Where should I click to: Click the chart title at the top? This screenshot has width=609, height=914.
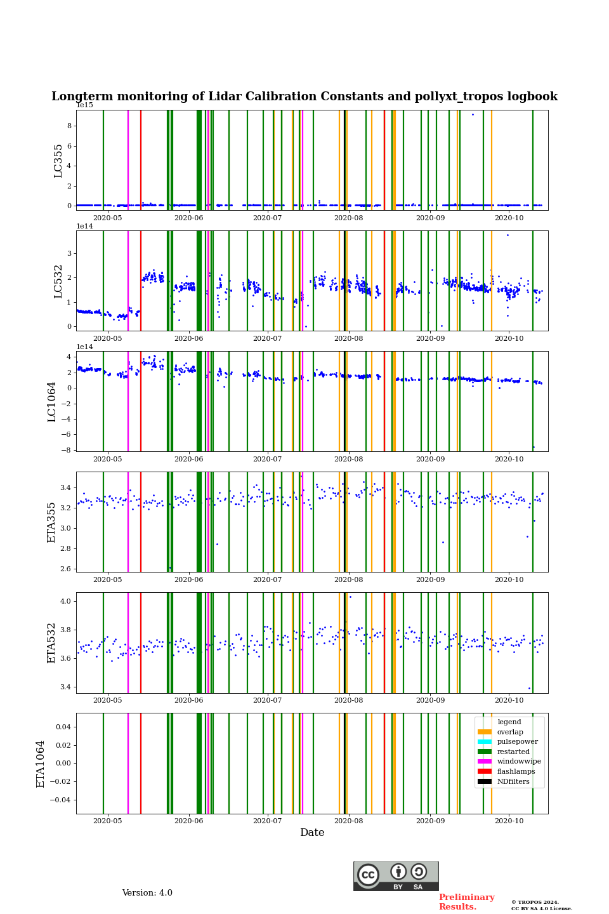(x=304, y=96)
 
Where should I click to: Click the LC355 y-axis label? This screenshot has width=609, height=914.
(x=58, y=161)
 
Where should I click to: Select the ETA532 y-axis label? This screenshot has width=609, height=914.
(x=52, y=643)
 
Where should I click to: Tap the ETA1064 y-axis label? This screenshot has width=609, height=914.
(x=41, y=764)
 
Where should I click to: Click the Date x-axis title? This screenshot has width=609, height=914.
(x=312, y=833)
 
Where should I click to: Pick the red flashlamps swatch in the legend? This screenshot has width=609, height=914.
(x=485, y=771)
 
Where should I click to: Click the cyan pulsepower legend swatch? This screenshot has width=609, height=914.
(x=485, y=741)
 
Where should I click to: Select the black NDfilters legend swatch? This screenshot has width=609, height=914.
(x=485, y=781)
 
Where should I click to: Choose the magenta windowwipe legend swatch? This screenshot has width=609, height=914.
(x=485, y=762)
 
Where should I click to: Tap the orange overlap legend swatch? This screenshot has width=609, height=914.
(x=485, y=732)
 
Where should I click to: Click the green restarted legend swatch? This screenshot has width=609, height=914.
(x=485, y=752)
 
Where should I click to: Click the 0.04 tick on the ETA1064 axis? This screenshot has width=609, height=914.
(x=62, y=727)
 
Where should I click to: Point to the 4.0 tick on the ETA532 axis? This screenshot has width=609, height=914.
(x=65, y=601)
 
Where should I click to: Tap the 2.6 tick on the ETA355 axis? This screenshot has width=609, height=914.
(x=65, y=569)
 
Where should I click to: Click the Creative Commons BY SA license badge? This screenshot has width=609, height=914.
(x=396, y=876)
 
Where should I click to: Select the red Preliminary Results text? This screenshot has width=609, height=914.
(x=466, y=902)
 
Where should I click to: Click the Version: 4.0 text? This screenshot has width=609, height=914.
(x=147, y=893)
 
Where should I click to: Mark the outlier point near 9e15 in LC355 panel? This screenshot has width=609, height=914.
(x=473, y=114)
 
